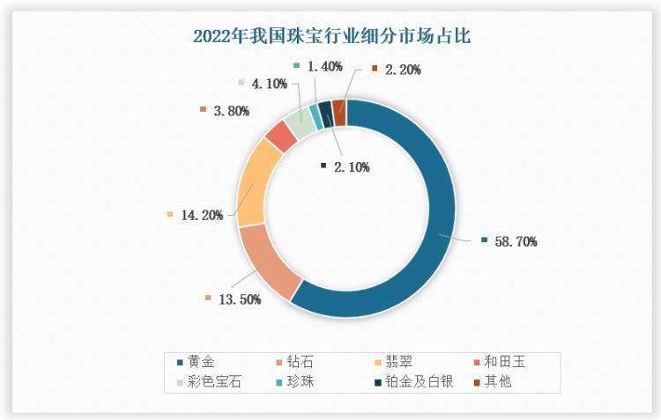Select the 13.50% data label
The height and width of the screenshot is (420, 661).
pos(237,299)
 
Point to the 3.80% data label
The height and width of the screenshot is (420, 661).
pos(231,111)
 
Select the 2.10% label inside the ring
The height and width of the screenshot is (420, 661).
pos(350,166)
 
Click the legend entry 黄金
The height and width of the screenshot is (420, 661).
pos(202,362)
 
